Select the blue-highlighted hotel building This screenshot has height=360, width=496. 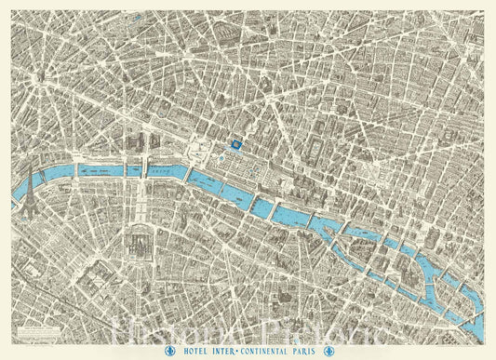(x=237, y=143)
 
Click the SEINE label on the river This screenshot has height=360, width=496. (x=166, y=169)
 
